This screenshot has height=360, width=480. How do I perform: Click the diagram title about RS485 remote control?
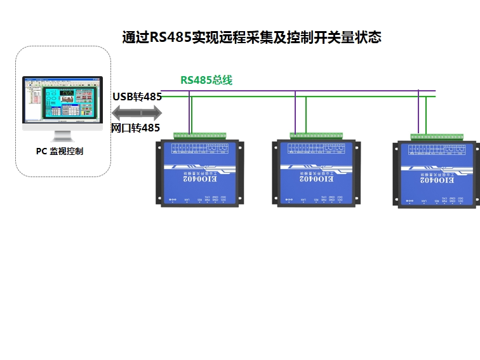click(251, 37)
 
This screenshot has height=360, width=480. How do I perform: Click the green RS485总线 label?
click(206, 80)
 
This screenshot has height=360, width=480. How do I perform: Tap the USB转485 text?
click(137, 97)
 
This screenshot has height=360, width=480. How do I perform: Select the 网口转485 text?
click(135, 128)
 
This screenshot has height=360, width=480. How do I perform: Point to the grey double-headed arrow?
click(137, 112)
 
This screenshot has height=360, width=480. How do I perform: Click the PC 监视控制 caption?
click(60, 151)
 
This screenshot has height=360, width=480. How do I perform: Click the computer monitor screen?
click(62, 100)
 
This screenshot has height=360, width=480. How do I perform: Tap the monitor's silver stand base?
click(62, 138)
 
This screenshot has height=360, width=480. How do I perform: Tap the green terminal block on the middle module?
click(316, 135)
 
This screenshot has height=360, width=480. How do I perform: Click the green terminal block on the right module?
click(437, 137)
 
